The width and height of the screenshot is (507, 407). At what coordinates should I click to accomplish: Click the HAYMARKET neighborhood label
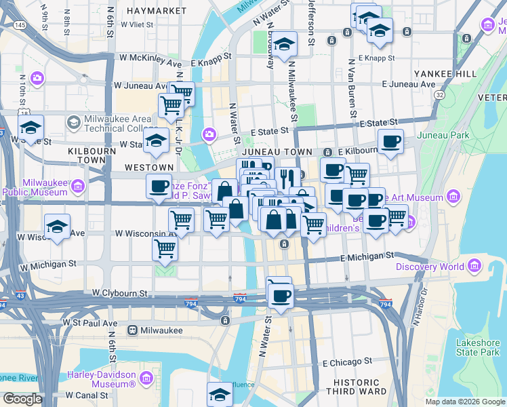point(150,12)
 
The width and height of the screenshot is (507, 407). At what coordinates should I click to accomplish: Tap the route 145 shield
point(20,25)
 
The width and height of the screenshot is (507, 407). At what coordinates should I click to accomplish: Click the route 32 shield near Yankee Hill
point(440,96)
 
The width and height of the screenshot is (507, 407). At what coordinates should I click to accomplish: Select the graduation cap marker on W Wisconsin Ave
point(58,228)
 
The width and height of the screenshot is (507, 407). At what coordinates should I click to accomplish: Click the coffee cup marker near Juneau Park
point(390,142)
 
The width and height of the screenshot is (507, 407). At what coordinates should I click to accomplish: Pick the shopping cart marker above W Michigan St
point(165,249)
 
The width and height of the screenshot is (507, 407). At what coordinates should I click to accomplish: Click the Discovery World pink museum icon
point(474,266)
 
